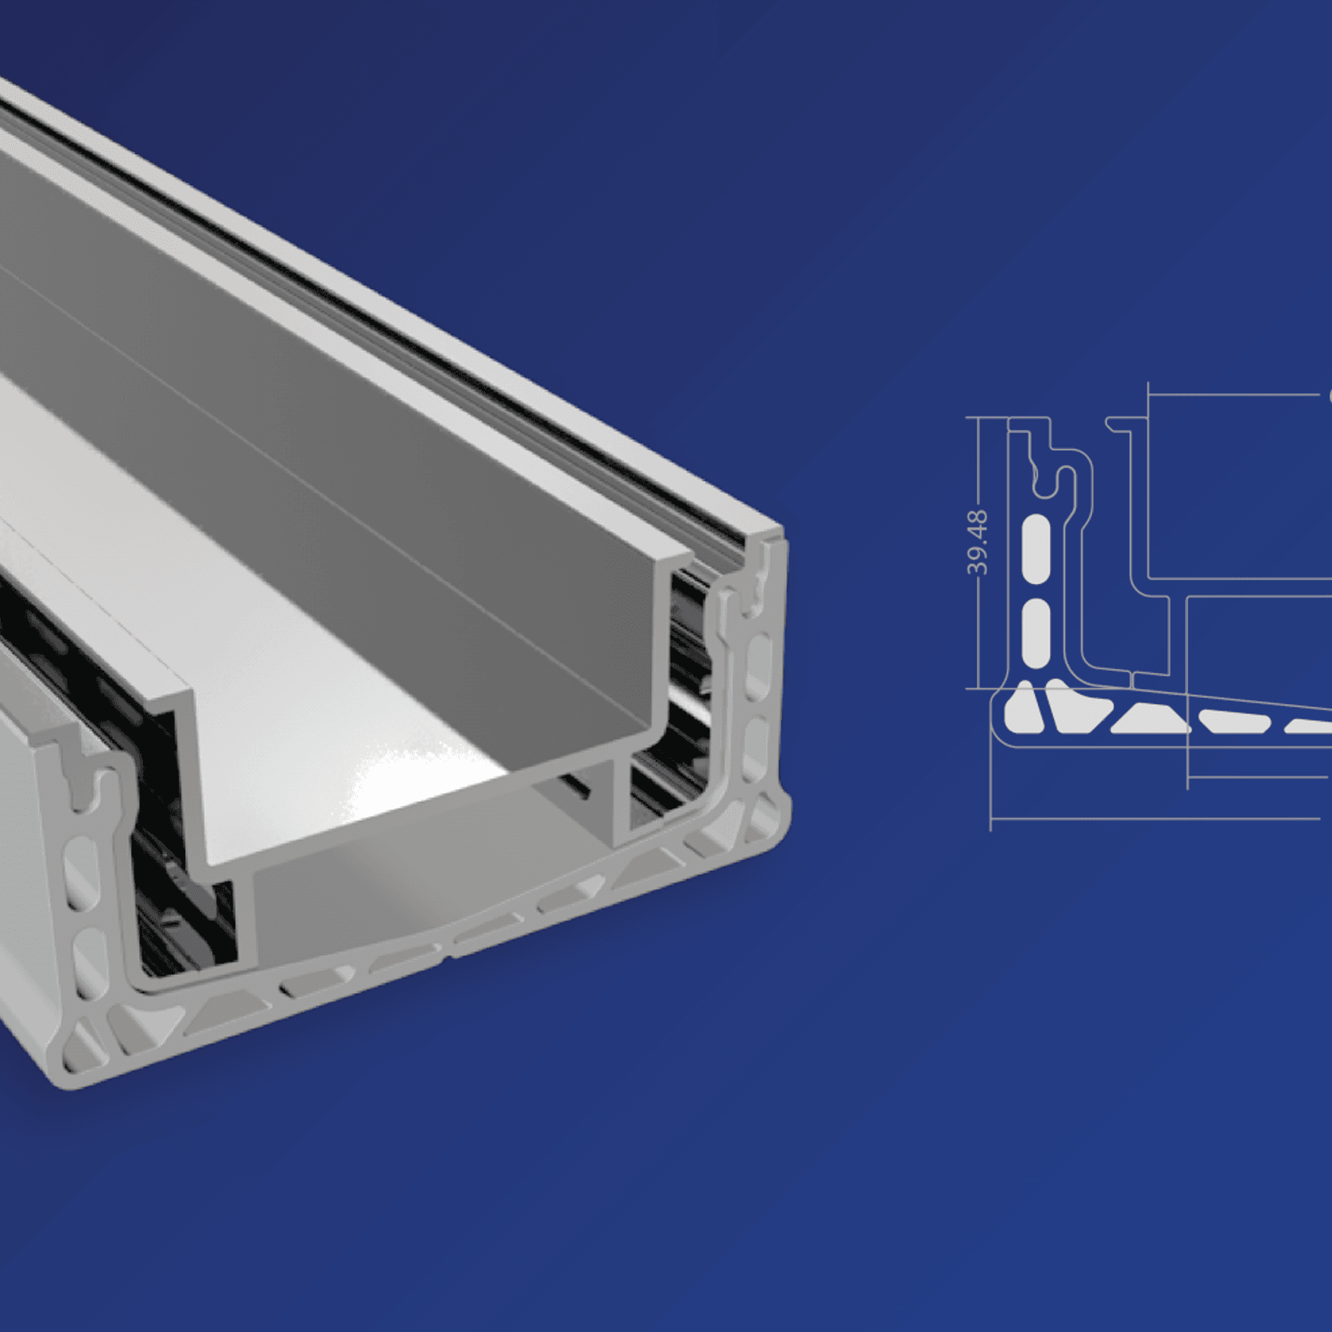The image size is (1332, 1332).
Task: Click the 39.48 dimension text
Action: coord(978,543)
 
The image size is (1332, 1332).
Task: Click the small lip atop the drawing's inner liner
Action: coord(1119,425)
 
